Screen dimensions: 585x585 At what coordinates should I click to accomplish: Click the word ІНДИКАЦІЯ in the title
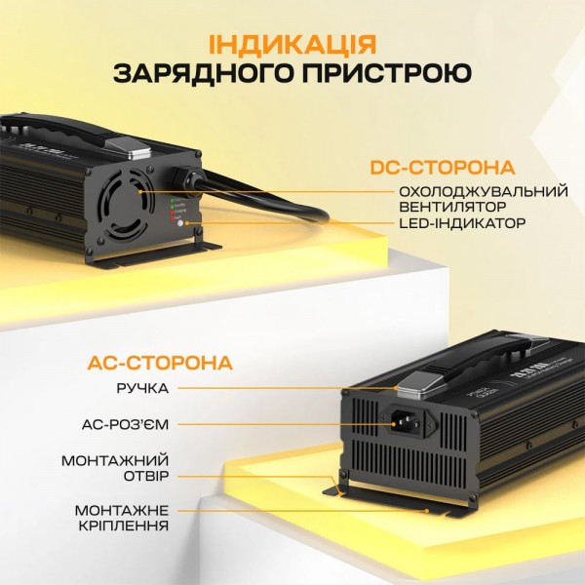point(292,45)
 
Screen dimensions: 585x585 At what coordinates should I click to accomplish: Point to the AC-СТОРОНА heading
point(161,363)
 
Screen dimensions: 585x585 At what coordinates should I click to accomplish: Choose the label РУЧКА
point(141,388)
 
